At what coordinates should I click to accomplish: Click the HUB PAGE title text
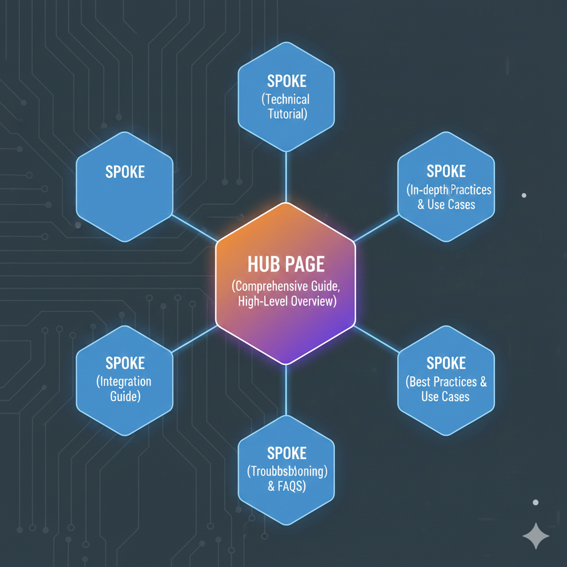pyautogui.click(x=285, y=264)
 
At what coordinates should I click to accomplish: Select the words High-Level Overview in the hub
pyautogui.click(x=286, y=302)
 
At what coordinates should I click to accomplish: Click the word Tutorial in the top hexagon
pyautogui.click(x=286, y=115)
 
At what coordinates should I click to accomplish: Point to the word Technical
pyautogui.click(x=286, y=100)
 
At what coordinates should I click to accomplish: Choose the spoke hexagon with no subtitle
pyautogui.click(x=125, y=186)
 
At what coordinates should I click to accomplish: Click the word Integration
pyautogui.click(x=124, y=382)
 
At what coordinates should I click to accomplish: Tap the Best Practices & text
pyautogui.click(x=446, y=382)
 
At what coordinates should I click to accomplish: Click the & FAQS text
pyautogui.click(x=286, y=487)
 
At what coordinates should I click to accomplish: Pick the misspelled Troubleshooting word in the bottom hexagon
pyautogui.click(x=286, y=472)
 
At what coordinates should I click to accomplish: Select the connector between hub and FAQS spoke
pyautogui.click(x=286, y=390)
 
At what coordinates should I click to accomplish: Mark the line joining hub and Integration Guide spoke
pyautogui.click(x=194, y=339)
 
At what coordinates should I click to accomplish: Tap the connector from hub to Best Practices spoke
pyautogui.click(x=377, y=338)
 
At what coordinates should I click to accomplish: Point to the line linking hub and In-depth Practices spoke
pyautogui.click(x=377, y=228)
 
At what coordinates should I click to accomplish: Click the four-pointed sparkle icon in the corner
pyautogui.click(x=535, y=536)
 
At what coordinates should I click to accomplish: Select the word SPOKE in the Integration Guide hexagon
pyautogui.click(x=125, y=364)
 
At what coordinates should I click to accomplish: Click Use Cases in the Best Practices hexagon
pyautogui.click(x=445, y=397)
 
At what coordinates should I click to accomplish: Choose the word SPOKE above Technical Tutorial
pyautogui.click(x=286, y=81)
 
